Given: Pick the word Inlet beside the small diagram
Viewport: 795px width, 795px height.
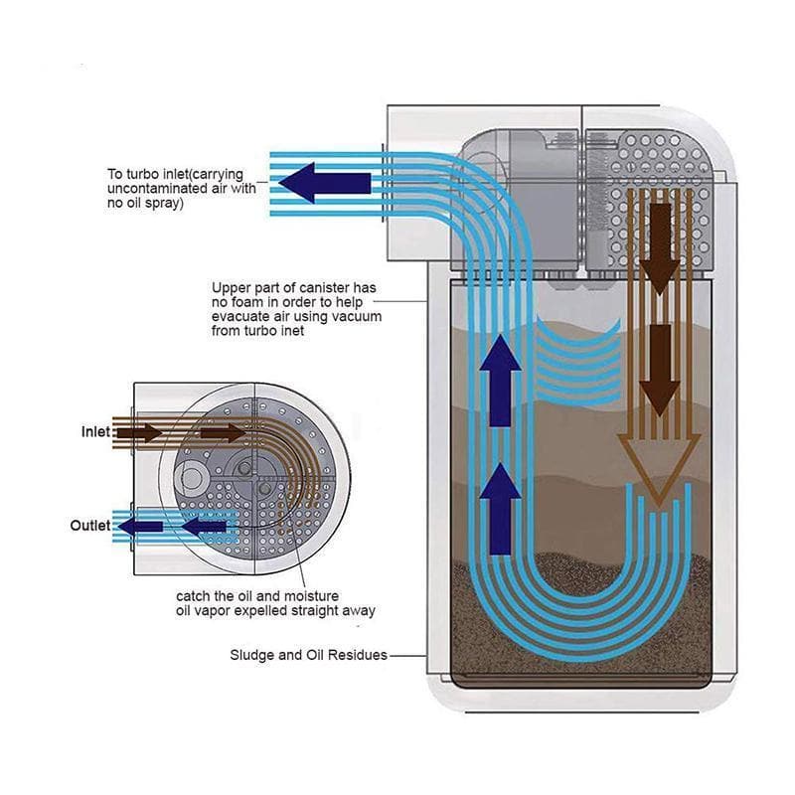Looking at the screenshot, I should tap(95, 432).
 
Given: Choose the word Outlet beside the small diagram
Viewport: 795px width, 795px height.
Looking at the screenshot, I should tap(90, 525).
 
